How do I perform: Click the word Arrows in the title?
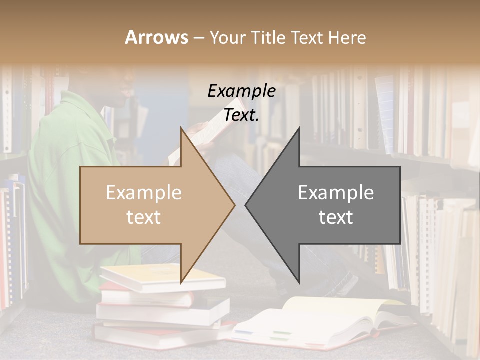pyautogui.click(x=156, y=37)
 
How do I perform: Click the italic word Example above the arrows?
pyautogui.click(x=241, y=91)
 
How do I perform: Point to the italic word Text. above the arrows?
pyautogui.click(x=241, y=115)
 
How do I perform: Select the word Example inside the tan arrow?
pyautogui.click(x=143, y=193)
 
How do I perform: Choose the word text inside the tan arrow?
pyautogui.click(x=143, y=217)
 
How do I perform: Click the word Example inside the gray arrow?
pyautogui.click(x=336, y=193)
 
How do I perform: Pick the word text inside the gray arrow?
pyautogui.click(x=336, y=217)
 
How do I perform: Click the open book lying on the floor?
pyautogui.click(x=320, y=320)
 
